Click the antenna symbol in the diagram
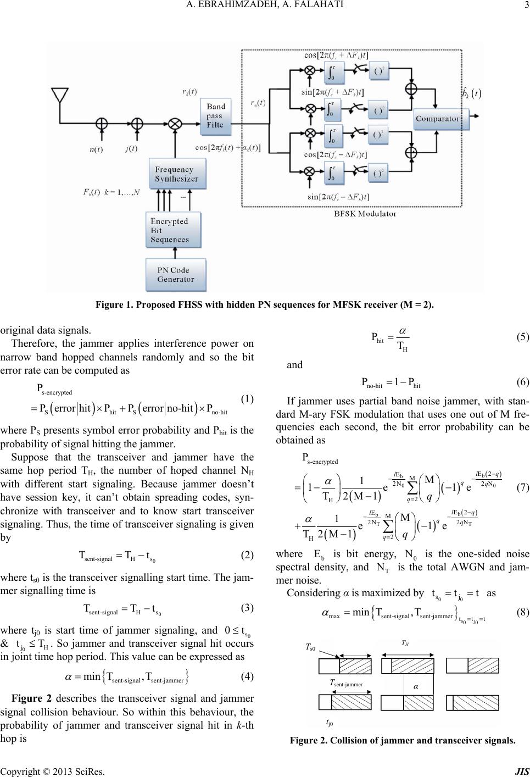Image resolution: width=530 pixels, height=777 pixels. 60,95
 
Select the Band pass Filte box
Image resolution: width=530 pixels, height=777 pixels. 215,116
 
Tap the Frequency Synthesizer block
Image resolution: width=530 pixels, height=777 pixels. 177,174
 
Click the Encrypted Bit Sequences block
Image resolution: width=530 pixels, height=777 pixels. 174,230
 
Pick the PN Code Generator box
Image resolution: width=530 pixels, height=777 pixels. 176,275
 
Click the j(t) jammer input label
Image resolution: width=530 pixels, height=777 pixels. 132,149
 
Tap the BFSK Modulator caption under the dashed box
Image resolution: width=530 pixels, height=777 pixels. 365,214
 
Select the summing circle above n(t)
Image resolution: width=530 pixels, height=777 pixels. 102,123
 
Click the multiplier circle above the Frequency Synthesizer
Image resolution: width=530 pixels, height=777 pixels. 175,124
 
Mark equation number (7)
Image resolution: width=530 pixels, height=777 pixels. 522,488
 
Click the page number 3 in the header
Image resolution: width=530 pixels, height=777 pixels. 526,5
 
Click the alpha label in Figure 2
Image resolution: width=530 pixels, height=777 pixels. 416,687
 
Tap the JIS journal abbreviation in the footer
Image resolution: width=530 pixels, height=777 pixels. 522,772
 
